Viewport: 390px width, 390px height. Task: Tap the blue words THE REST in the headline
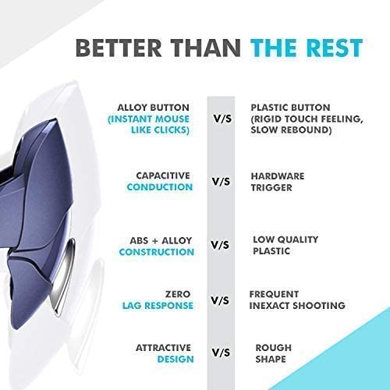(307, 47)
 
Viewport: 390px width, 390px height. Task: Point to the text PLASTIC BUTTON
(290, 107)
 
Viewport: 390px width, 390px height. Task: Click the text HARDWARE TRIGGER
(277, 182)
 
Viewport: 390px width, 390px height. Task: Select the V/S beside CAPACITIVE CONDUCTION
(222, 182)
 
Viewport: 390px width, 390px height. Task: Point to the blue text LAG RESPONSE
(157, 306)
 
